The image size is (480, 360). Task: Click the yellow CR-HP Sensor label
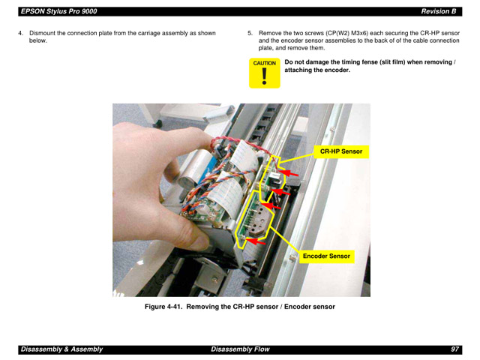(341, 151)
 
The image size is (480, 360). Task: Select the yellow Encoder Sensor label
(326, 256)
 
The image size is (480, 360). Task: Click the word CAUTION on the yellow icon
(264, 64)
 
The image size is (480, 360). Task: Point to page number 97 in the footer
(454, 349)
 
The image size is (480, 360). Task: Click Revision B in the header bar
(438, 11)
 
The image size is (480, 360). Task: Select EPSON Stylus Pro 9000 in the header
(58, 11)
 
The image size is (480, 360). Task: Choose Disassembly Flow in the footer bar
(239, 349)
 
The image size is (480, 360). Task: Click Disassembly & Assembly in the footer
(61, 349)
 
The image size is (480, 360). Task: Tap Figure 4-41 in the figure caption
(163, 307)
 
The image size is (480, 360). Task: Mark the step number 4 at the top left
(20, 34)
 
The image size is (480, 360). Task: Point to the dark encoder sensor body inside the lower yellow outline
(256, 222)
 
